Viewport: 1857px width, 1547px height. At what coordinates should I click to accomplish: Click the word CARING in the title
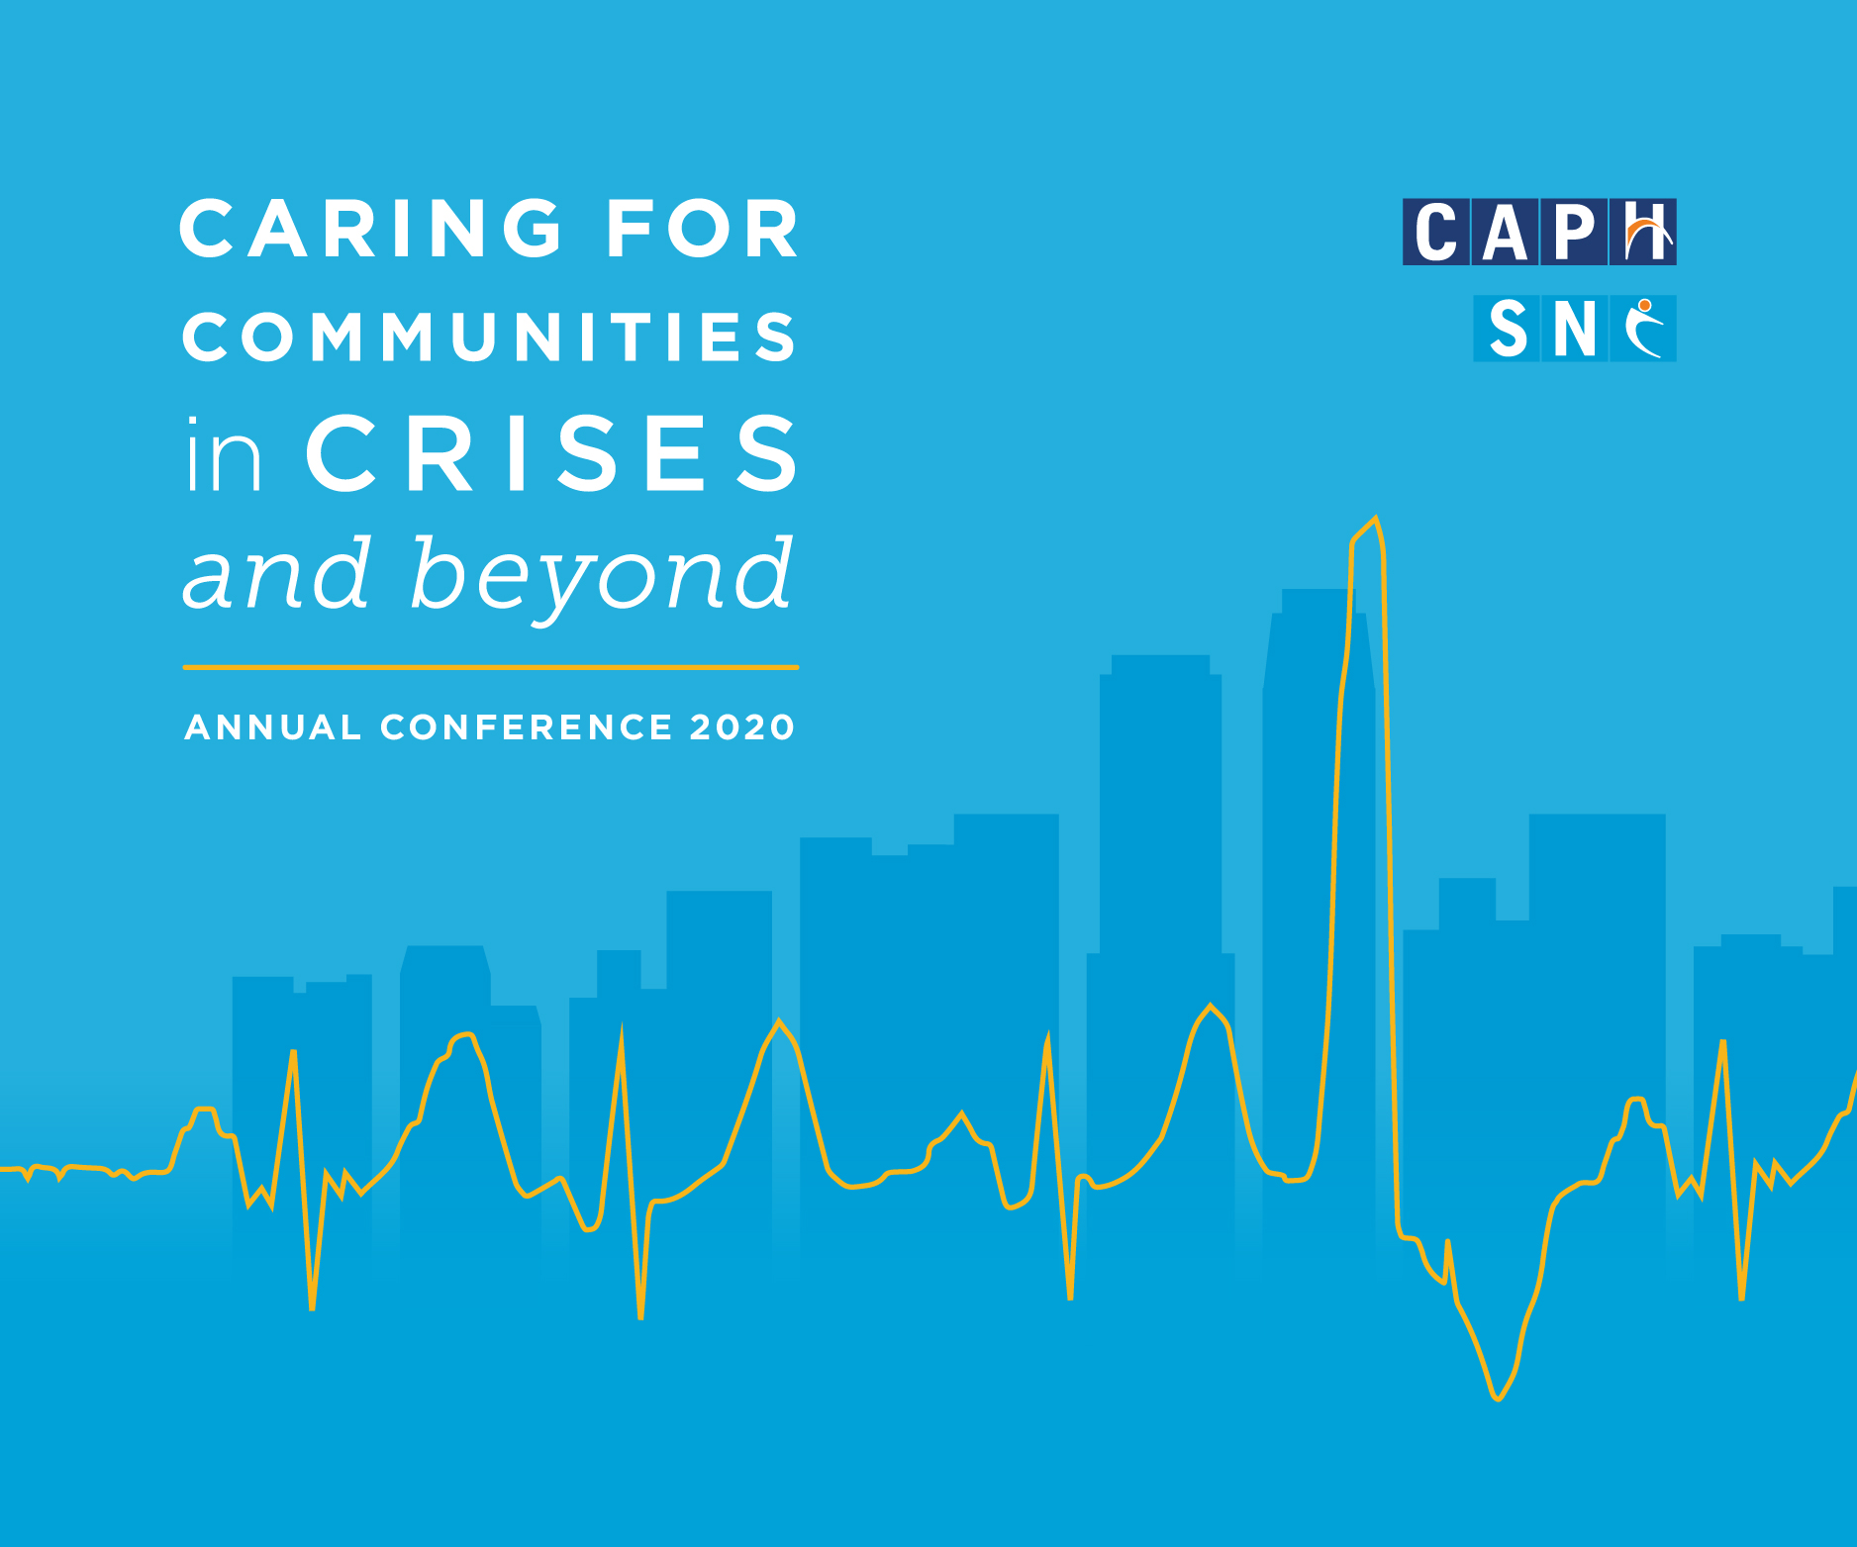(x=371, y=229)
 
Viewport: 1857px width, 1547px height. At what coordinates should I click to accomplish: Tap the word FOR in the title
(x=703, y=229)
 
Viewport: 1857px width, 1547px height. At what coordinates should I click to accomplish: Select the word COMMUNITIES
(x=489, y=337)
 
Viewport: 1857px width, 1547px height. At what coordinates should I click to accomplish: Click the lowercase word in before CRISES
(x=224, y=454)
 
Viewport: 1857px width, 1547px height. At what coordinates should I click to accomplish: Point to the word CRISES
(x=552, y=453)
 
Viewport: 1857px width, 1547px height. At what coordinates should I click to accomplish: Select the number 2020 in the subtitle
(x=742, y=727)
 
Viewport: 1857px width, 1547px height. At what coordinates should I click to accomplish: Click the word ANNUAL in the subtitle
(x=272, y=727)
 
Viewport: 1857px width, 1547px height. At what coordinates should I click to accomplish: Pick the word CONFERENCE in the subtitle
(x=527, y=727)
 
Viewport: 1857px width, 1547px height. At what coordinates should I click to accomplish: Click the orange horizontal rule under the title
(x=491, y=667)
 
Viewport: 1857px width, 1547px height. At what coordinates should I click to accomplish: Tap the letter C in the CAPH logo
(x=1436, y=232)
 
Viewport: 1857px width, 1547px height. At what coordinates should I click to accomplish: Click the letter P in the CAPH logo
(x=1574, y=232)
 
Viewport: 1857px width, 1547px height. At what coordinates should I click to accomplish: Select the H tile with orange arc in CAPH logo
(x=1643, y=232)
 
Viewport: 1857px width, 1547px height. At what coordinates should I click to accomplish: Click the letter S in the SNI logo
(x=1507, y=329)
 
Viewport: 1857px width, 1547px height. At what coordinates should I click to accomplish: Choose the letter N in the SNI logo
(x=1575, y=329)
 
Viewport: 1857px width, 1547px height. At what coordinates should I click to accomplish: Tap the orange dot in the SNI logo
(x=1644, y=305)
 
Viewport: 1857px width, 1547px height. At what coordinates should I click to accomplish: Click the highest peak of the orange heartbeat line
(x=1375, y=519)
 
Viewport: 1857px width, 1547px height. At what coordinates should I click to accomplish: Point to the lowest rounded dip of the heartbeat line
(x=1499, y=1399)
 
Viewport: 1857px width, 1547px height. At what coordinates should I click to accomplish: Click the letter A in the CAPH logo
(x=1506, y=232)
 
